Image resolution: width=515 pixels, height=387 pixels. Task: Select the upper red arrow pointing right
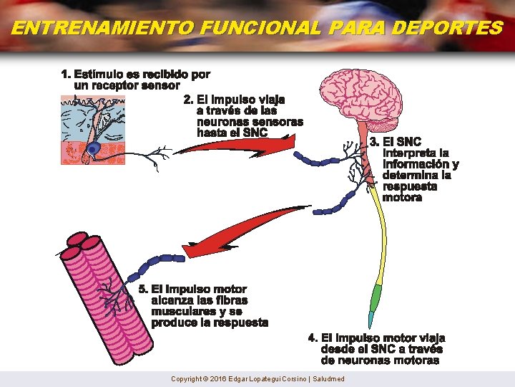[x=236, y=148]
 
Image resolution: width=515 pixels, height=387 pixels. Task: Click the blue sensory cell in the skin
[x=94, y=149]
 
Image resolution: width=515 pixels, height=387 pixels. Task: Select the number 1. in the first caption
[x=66, y=74]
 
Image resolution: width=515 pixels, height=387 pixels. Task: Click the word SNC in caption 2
[x=255, y=133]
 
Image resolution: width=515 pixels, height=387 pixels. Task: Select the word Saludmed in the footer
[x=328, y=379]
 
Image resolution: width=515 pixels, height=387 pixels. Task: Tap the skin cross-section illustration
[x=93, y=129]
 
